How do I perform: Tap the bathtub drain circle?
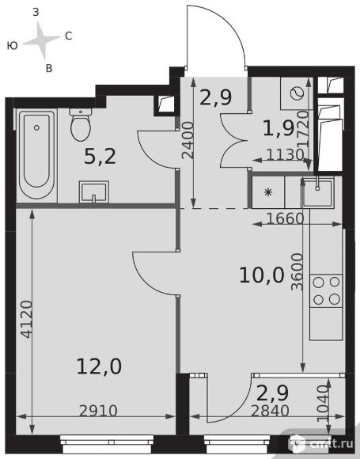36,127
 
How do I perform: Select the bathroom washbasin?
93,192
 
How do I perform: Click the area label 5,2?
100,156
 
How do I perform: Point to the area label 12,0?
99,366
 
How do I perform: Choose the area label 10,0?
262,275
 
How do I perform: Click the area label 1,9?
279,128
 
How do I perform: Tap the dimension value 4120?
27,319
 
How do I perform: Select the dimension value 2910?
98,411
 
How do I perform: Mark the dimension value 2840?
270,411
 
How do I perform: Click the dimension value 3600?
297,271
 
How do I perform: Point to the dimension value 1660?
286,218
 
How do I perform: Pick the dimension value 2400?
188,140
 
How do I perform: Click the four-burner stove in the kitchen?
326,290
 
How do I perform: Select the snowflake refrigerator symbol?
268,192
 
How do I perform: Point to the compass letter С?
69,36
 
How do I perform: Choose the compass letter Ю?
13,46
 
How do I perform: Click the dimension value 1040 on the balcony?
323,404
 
